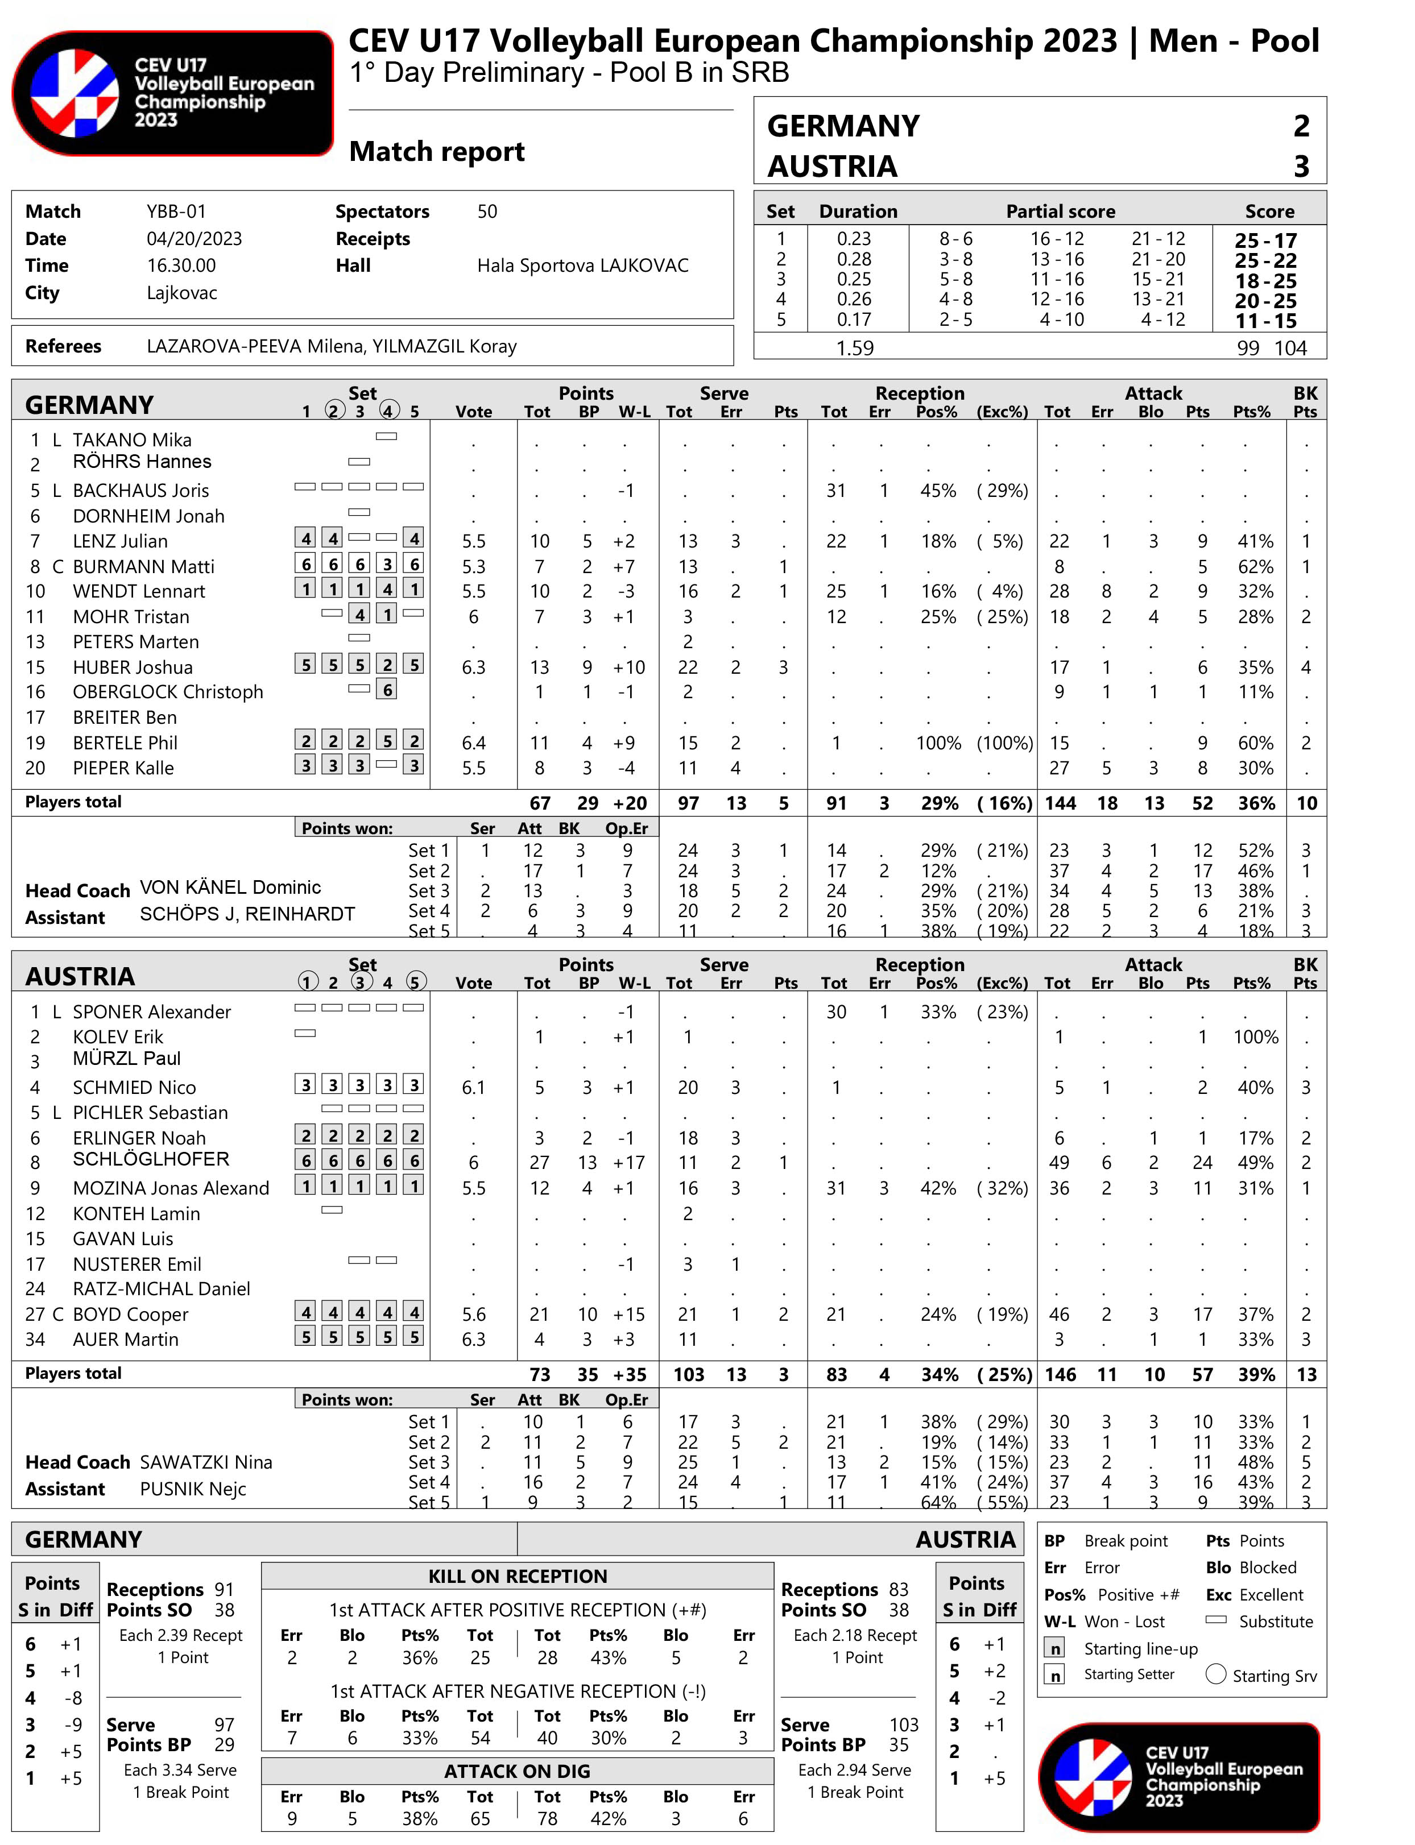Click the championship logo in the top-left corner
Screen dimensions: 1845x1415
pos(173,93)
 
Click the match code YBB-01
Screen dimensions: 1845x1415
pos(176,212)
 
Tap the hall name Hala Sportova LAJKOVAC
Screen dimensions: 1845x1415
pos(582,266)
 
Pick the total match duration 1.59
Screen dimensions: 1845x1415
pos(854,348)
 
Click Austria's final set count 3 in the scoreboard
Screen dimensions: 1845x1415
pos(1301,166)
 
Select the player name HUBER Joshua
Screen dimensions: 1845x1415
pos(133,667)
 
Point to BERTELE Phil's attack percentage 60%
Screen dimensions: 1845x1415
pos(1255,743)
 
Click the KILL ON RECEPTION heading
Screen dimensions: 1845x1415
pos(517,1577)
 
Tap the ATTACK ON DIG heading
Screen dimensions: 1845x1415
pos(517,1771)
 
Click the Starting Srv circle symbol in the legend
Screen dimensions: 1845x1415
pos(1215,1673)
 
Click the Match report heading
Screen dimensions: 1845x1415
pos(436,152)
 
